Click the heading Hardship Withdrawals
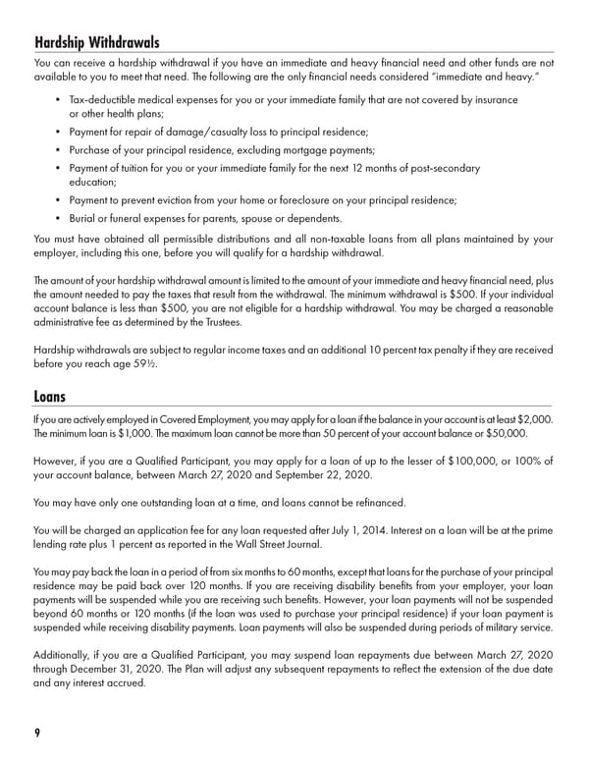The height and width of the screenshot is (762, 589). [96, 42]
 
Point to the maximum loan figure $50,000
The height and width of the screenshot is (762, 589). [507, 433]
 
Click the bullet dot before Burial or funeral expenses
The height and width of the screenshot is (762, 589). [59, 218]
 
